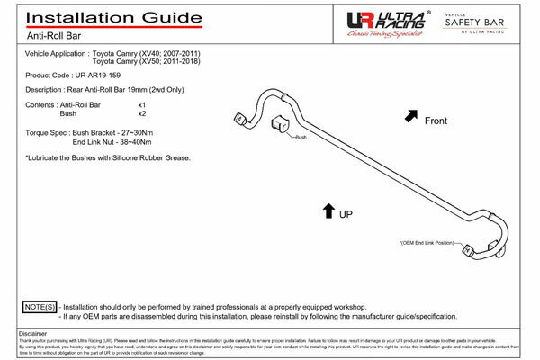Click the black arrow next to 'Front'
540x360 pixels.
pos(411,115)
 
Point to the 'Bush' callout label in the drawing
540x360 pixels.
pos(302,138)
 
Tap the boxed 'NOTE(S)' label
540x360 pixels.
pos(38,307)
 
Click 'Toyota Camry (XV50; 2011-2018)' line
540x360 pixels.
pos(155,63)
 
